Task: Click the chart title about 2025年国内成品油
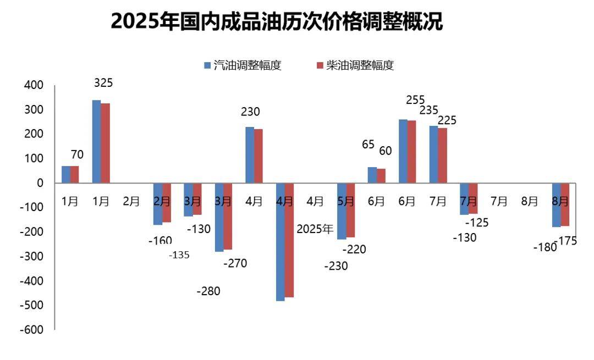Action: (277, 21)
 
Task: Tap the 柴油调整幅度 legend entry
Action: (355, 65)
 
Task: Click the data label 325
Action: (103, 84)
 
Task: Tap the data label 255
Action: (415, 100)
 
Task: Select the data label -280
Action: (208, 291)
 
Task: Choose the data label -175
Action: (568, 241)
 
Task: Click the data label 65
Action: (368, 145)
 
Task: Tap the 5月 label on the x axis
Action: (345, 201)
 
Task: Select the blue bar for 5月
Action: (342, 211)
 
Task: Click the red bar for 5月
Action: (350, 210)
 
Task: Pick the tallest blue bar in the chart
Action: (96, 141)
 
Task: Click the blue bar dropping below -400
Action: (280, 242)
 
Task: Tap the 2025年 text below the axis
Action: (315, 230)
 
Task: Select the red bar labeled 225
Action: (443, 156)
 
